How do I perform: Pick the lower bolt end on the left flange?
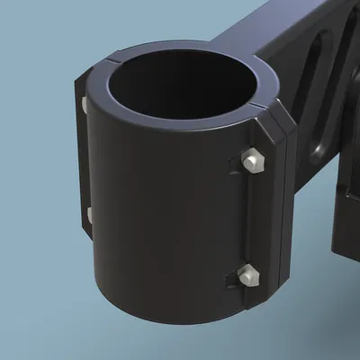[x=90, y=213]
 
